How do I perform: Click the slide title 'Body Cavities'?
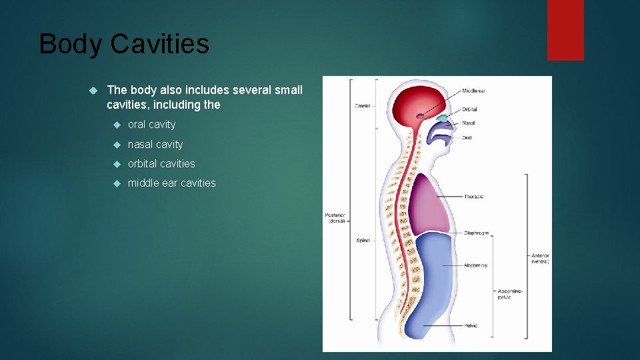[x=124, y=44]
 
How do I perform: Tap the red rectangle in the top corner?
[x=565, y=29]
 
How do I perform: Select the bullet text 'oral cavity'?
[x=151, y=125]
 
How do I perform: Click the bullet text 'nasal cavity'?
[x=155, y=144]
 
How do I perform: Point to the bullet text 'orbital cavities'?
[x=161, y=163]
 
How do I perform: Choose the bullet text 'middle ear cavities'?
[x=171, y=183]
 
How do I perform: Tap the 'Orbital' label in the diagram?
[x=469, y=109]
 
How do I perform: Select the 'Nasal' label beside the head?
[x=468, y=123]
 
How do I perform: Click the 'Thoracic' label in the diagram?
[x=473, y=197]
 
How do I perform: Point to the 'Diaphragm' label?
[x=476, y=233]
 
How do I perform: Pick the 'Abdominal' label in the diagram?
[x=475, y=265]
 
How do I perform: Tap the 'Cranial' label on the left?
[x=363, y=105]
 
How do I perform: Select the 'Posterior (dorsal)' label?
[x=335, y=218]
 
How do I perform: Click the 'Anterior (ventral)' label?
[x=540, y=259]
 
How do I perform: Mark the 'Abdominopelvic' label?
[x=510, y=294]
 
